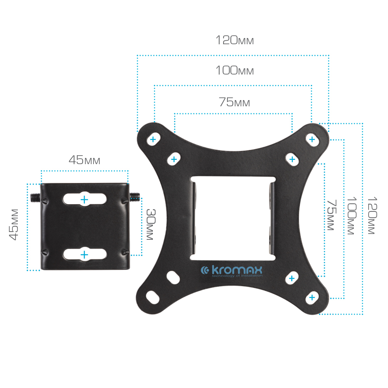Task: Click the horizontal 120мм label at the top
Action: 235,40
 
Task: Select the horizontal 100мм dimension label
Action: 235,70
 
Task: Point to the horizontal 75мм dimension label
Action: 234,102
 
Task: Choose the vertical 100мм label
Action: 352,216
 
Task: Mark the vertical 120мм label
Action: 372,215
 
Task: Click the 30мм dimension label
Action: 151,224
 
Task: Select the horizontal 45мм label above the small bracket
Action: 84,160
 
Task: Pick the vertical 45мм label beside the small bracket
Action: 14,224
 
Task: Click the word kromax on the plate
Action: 237,270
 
